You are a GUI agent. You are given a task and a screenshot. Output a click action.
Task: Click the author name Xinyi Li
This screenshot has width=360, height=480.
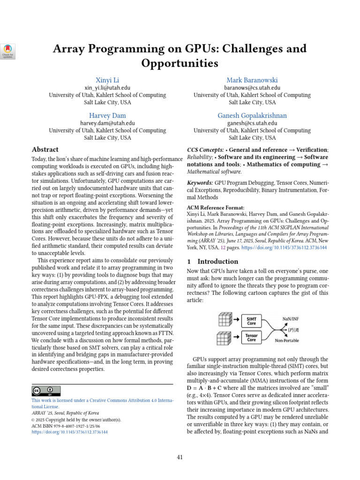coord(107,80)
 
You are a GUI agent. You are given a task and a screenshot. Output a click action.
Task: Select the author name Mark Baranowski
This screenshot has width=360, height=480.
coord(252,80)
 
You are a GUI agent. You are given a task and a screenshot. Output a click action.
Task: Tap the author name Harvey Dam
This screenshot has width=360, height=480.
coord(107,115)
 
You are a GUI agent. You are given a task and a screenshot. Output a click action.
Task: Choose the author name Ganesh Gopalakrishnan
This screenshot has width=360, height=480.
coord(252,115)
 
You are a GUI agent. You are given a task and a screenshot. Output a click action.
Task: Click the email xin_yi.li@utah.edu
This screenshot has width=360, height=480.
coord(107,88)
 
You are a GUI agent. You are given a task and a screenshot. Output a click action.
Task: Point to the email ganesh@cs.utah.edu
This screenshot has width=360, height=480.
coord(252,123)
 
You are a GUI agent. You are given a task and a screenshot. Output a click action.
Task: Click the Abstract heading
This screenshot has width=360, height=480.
coord(45,150)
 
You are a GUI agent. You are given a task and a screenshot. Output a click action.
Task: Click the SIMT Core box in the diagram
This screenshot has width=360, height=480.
coord(252,321)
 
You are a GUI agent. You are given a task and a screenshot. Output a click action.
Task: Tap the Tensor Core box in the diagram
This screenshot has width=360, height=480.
coord(252,337)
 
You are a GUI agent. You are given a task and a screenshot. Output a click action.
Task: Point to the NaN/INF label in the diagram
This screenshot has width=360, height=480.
coord(291,318)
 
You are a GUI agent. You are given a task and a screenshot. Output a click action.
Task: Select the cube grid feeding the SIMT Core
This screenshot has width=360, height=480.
coord(225,320)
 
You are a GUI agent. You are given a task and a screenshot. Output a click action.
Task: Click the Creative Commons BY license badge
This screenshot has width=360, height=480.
coord(46,391)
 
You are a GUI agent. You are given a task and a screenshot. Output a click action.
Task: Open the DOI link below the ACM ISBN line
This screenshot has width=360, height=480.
coord(69,432)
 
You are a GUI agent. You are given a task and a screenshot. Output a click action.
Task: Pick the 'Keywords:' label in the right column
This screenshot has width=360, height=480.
coord(200,182)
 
